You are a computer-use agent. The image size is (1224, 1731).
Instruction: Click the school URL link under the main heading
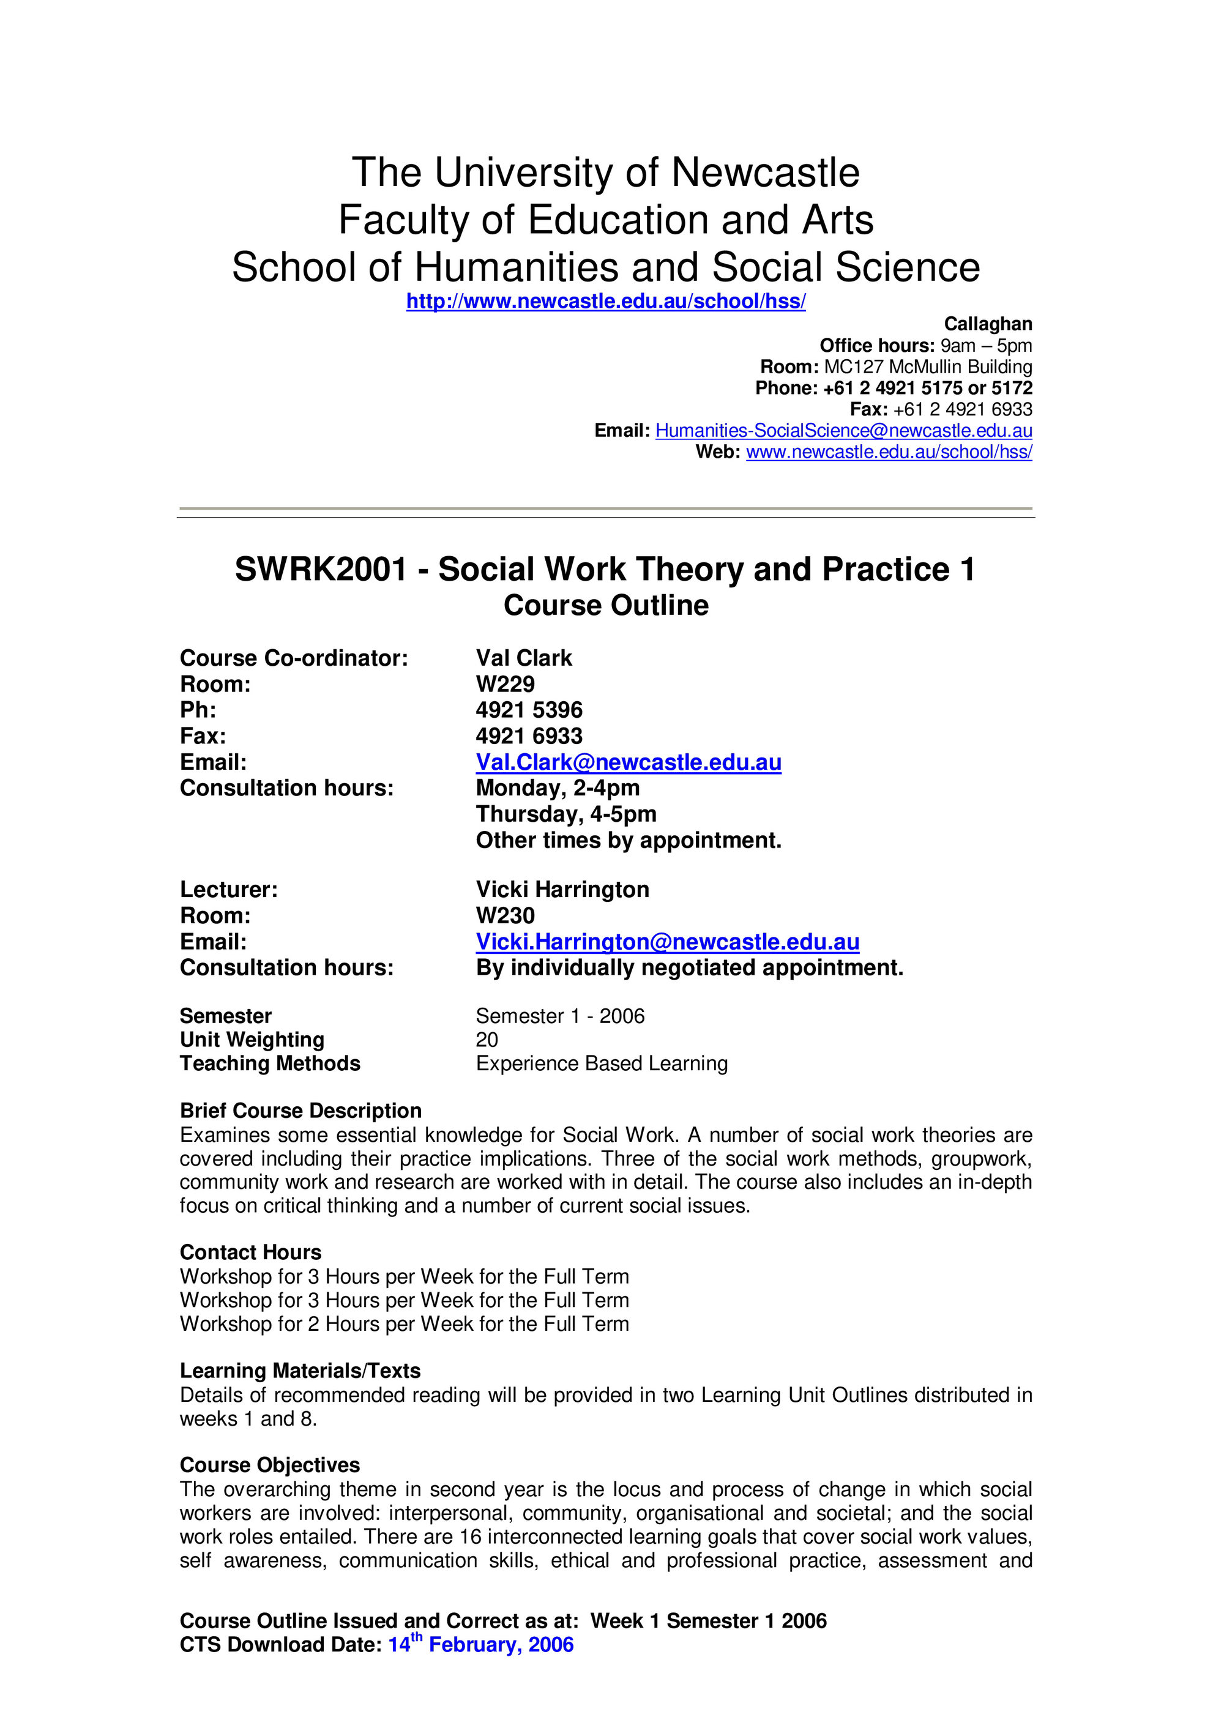606,302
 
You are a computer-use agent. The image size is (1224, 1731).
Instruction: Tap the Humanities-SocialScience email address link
843,431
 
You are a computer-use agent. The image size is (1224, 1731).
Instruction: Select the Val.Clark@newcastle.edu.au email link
628,762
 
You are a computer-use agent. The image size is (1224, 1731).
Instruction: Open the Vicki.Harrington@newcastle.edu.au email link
668,942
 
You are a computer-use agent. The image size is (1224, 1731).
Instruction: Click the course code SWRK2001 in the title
321,569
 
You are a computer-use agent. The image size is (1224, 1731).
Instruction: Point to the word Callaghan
987,324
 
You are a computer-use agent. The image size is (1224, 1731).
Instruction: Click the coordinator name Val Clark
523,658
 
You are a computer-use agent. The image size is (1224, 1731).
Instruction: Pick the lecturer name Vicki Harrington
562,890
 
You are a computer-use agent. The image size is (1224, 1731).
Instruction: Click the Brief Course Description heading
300,1111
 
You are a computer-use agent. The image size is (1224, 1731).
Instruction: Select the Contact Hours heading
250,1253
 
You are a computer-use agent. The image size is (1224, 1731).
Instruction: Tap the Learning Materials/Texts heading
300,1371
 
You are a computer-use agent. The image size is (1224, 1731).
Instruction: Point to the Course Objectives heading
269,1465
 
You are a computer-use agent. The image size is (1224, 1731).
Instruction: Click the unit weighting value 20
487,1040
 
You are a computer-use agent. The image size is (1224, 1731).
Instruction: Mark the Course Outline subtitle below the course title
606,605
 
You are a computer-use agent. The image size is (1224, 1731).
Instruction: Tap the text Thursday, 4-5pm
565,814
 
